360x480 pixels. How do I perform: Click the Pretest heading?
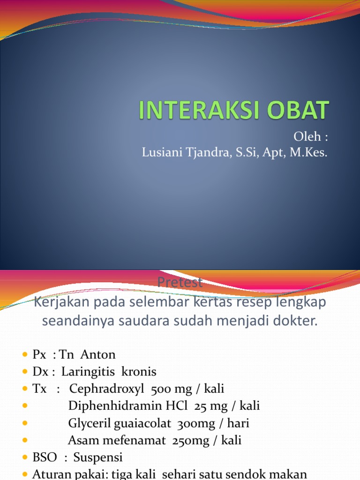coord(180,283)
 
